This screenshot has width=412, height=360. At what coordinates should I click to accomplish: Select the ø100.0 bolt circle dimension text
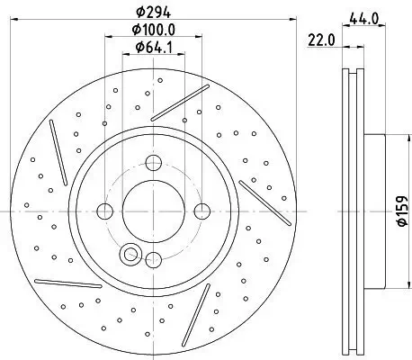(153, 31)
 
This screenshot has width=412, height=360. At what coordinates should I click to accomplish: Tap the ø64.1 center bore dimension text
(153, 49)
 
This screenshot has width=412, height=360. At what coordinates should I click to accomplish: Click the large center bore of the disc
(153, 211)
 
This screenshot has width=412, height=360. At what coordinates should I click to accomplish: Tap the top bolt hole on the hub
(153, 163)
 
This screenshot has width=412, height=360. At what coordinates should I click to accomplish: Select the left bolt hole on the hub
(104, 211)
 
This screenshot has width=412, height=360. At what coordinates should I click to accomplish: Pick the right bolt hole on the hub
(202, 211)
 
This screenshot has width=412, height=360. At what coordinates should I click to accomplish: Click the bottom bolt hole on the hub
(153, 261)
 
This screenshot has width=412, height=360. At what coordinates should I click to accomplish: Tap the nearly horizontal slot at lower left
(67, 283)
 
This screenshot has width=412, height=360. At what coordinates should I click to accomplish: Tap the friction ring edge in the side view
(349, 211)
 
